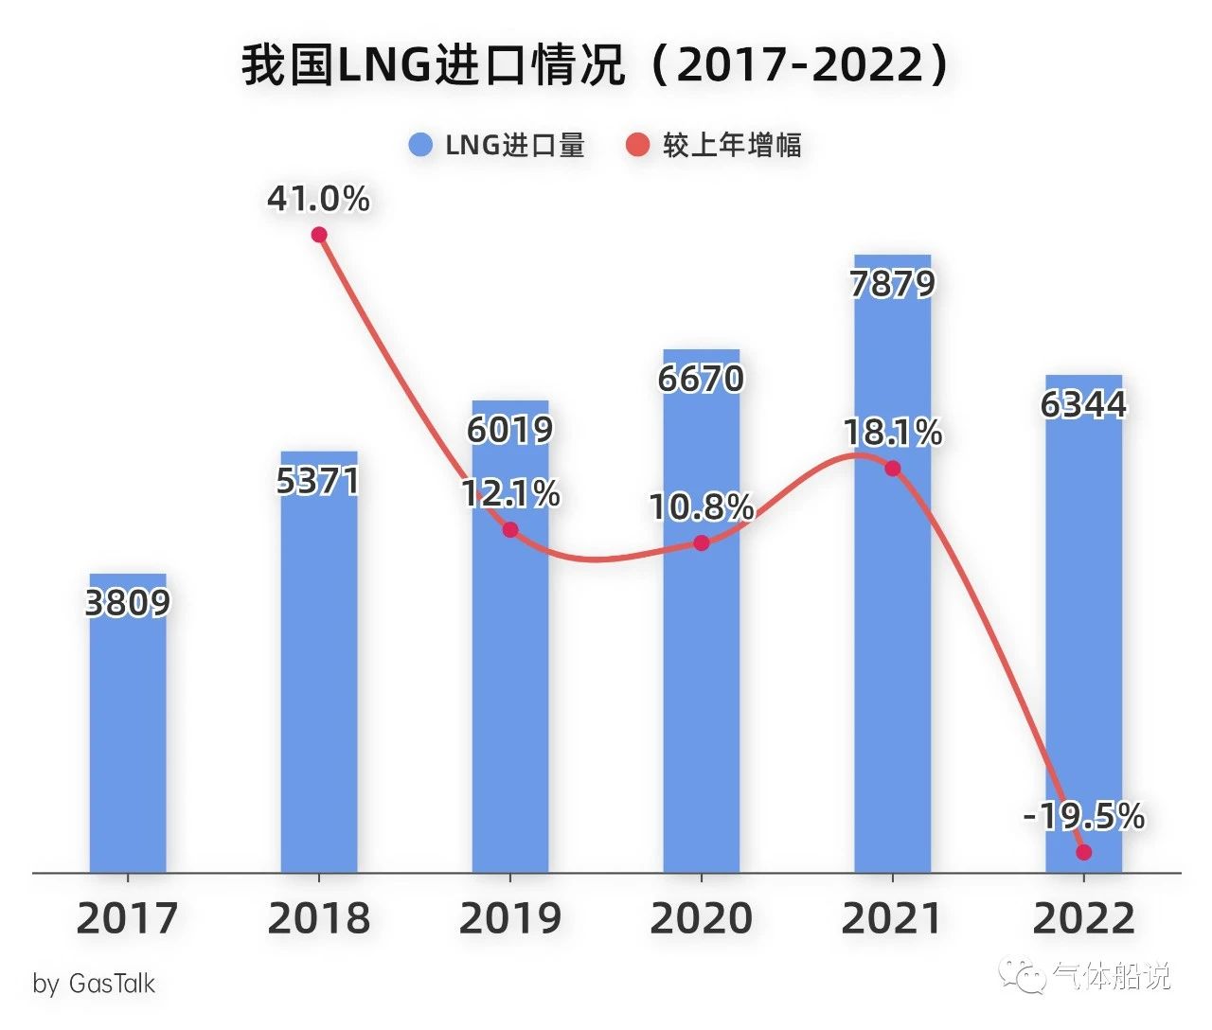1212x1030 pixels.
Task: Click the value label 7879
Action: (892, 284)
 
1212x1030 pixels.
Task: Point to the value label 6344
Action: (1084, 404)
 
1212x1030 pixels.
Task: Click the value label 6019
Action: (510, 430)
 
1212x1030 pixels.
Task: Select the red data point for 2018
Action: (319, 235)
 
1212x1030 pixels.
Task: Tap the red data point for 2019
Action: (510, 529)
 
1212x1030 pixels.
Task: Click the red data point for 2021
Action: (892, 468)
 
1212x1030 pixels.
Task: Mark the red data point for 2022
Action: (1084, 852)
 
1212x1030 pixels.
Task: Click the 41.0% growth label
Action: (318, 199)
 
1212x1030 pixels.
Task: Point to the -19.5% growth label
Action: (1084, 815)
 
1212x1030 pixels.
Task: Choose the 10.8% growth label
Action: (702, 507)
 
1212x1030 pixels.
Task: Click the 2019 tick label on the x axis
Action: (510, 918)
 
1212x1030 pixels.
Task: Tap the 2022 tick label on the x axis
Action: (1084, 918)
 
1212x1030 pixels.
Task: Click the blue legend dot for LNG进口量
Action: (420, 145)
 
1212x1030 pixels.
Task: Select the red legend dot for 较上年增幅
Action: (638, 145)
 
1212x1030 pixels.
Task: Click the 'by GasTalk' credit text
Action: (94, 984)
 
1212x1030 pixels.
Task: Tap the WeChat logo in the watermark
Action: (1025, 976)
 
